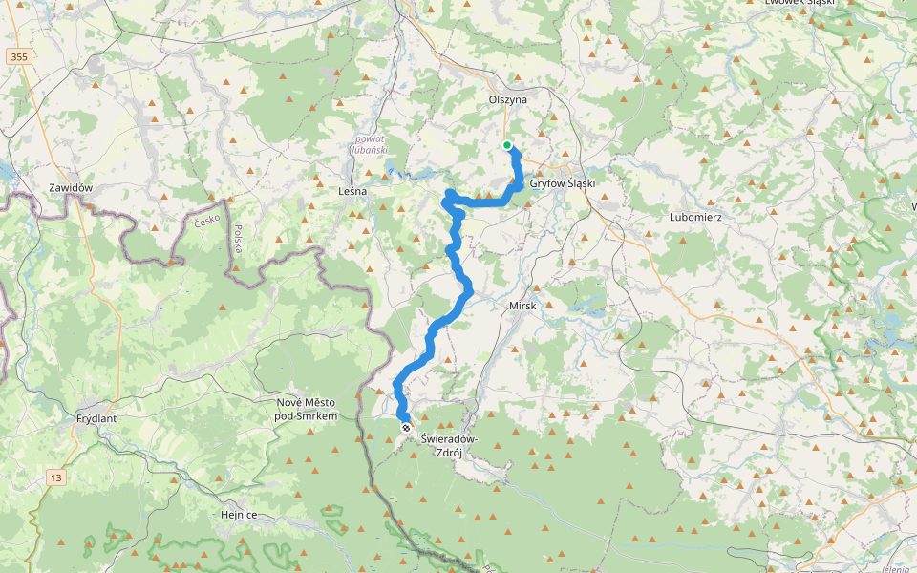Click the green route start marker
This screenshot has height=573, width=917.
pyautogui.click(x=507, y=145)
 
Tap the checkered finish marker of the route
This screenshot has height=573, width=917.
pyautogui.click(x=406, y=429)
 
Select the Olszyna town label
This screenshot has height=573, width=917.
pyautogui.click(x=507, y=98)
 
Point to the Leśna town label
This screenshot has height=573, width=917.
pyautogui.click(x=352, y=191)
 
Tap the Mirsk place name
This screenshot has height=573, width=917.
pyautogui.click(x=522, y=306)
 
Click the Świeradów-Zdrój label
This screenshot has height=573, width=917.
pyautogui.click(x=449, y=446)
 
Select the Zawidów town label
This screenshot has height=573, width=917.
pyautogui.click(x=72, y=188)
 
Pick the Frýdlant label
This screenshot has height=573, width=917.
pyautogui.click(x=96, y=418)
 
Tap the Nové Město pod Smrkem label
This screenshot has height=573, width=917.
pyautogui.click(x=307, y=410)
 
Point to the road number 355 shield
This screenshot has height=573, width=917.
pyautogui.click(x=17, y=57)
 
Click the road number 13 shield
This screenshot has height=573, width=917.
pyautogui.click(x=56, y=477)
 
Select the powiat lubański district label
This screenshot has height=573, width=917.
pyautogui.click(x=369, y=144)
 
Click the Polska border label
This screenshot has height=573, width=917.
pyautogui.click(x=237, y=239)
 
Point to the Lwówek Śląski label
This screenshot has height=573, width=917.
pyautogui.click(x=800, y=3)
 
